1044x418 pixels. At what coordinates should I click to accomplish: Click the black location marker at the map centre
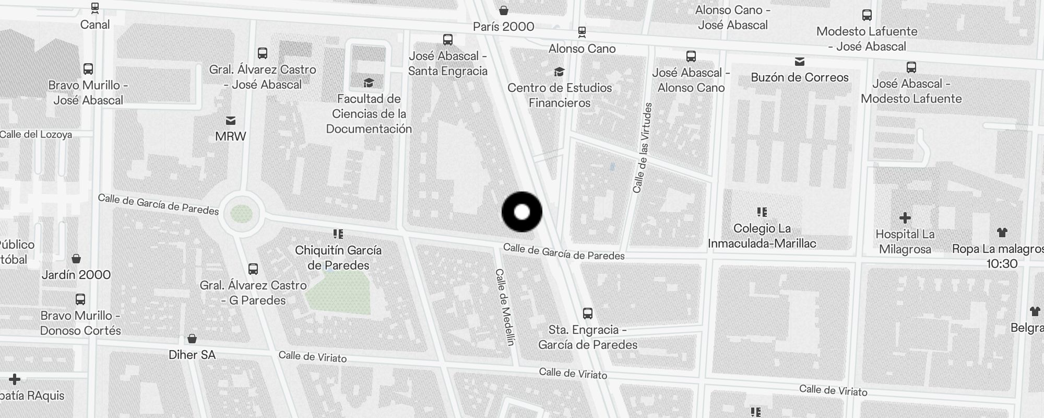tap(522, 212)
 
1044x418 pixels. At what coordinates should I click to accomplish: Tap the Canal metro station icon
tap(94, 8)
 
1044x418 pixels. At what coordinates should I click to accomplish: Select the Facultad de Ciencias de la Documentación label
tap(369, 114)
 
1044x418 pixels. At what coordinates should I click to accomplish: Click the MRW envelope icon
tap(231, 121)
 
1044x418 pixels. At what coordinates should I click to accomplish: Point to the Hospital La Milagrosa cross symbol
tap(905, 218)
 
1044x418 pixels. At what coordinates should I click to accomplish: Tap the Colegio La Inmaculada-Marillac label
tap(762, 236)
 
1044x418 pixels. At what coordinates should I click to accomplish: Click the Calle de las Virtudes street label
tap(643, 148)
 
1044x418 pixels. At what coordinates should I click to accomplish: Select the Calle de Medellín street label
tap(505, 307)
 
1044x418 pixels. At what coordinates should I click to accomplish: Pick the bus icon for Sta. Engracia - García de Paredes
tap(588, 313)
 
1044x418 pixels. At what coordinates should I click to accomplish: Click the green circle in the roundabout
tap(241, 214)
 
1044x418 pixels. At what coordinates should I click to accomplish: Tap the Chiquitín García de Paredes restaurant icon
tap(338, 234)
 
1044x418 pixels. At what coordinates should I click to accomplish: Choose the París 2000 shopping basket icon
tap(504, 10)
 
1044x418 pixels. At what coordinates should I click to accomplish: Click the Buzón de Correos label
tap(800, 77)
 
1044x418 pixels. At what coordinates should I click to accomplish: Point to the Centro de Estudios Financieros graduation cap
tap(560, 72)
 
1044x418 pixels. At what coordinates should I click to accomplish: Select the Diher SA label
tap(192, 355)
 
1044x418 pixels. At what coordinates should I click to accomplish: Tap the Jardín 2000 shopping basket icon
tap(76, 259)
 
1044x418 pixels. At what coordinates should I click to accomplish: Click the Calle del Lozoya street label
tap(36, 134)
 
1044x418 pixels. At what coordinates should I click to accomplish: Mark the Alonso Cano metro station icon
tap(582, 32)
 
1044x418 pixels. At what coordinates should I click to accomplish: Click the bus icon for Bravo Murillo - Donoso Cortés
tap(80, 299)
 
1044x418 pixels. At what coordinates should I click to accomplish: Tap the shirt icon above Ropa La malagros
tap(1002, 233)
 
